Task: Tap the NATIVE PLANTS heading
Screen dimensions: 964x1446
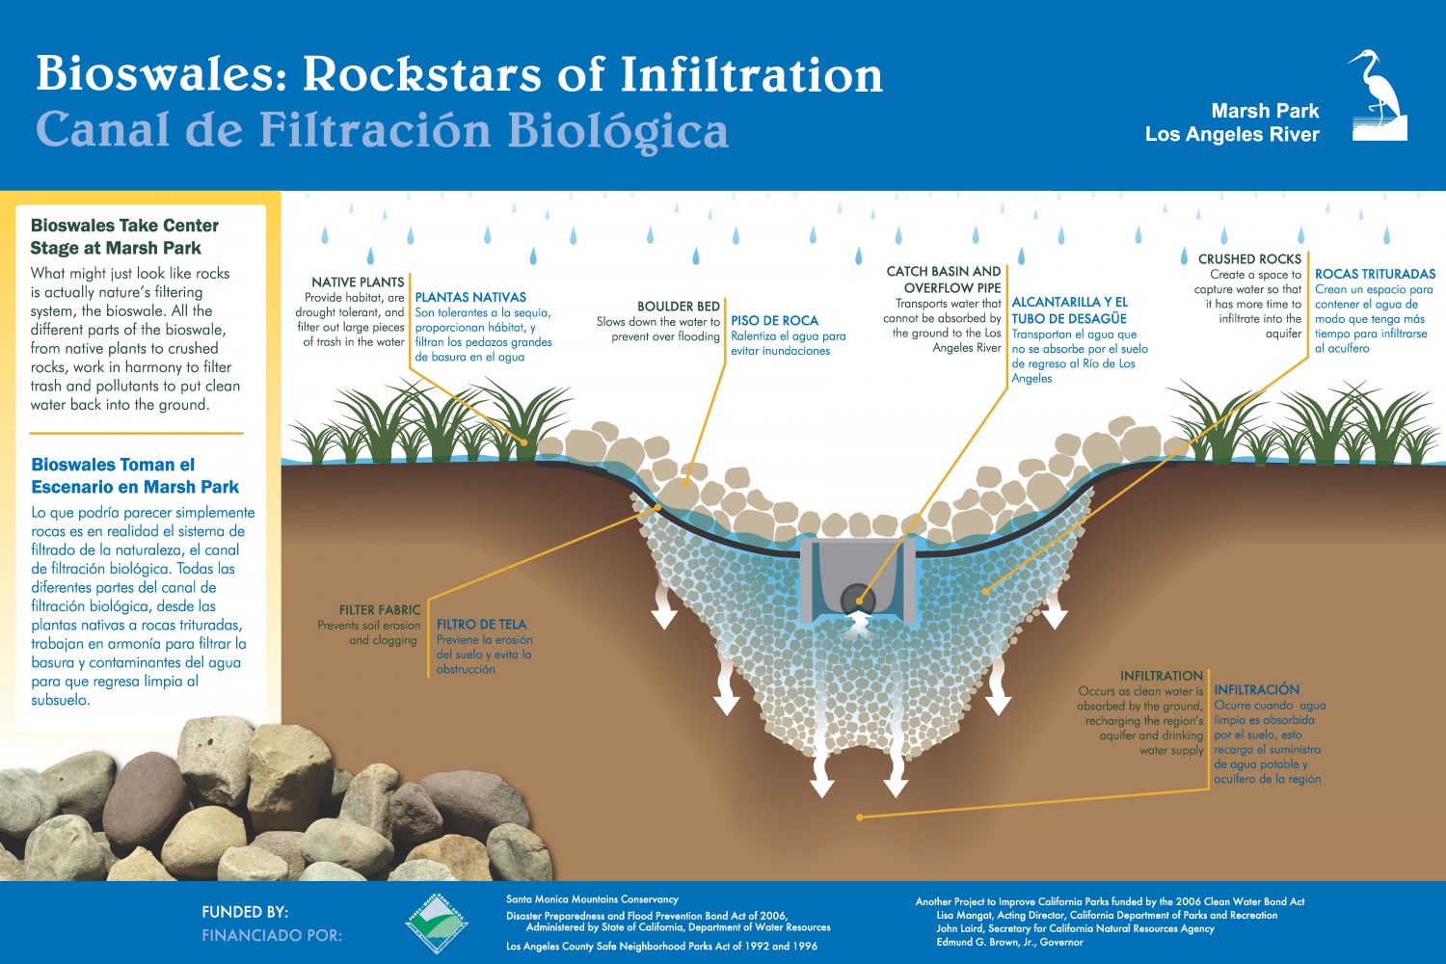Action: tap(358, 281)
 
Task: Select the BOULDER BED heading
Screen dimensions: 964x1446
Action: tap(679, 306)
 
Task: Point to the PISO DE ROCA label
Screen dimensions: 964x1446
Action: tap(774, 320)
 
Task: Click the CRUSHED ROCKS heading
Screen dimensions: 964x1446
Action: tap(1249, 258)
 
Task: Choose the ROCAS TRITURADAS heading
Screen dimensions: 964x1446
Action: tap(1375, 274)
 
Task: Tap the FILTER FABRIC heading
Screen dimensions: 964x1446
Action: tap(380, 609)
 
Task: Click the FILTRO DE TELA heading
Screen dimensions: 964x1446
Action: tap(481, 624)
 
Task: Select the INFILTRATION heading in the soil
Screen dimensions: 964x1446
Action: tap(1161, 675)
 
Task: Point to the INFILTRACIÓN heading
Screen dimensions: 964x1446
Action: tap(1256, 689)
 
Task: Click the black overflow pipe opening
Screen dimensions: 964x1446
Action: tap(857, 598)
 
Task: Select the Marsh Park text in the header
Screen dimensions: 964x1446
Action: tap(1265, 111)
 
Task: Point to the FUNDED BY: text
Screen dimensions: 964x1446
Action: tap(245, 911)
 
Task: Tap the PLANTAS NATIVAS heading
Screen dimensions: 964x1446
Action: tap(470, 297)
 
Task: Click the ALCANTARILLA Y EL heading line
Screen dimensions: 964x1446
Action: tap(1069, 302)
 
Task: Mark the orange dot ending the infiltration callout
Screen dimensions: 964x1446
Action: tap(860, 817)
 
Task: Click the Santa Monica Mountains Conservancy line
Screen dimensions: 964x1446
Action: tap(592, 899)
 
